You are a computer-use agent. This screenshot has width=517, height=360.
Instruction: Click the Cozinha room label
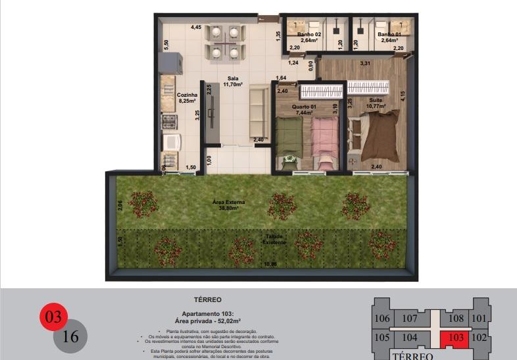[186, 98]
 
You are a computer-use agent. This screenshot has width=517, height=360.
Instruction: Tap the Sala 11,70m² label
[233, 82]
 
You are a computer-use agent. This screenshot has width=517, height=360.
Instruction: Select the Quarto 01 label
[306, 109]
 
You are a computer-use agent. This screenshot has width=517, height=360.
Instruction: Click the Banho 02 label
[309, 37]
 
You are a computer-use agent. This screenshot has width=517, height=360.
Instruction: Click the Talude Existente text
[274, 239]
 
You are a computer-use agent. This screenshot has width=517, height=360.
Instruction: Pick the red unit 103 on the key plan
[455, 338]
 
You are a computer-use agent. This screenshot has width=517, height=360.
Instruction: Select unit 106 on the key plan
[382, 319]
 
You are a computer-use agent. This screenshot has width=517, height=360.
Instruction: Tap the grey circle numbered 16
[70, 337]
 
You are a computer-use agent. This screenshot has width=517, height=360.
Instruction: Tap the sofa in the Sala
[258, 116]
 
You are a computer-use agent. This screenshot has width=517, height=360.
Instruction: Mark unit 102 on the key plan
[480, 338]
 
